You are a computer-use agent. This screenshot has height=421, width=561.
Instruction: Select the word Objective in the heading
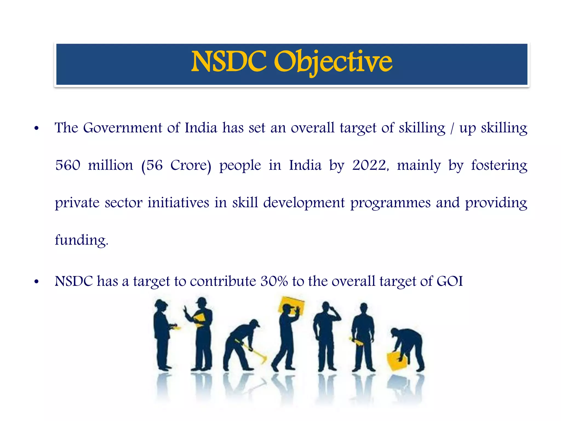[x=333, y=62]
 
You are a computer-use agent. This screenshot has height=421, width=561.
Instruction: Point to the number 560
[x=68, y=165]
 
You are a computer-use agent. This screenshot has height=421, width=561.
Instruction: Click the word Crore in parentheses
[x=188, y=165]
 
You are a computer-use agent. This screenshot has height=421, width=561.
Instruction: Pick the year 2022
[x=369, y=165]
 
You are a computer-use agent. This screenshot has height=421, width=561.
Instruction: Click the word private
[x=77, y=203]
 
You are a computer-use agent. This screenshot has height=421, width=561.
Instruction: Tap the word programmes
[x=391, y=203]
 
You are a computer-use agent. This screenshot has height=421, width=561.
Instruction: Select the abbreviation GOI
[x=450, y=281]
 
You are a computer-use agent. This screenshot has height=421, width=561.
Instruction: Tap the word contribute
[x=223, y=281]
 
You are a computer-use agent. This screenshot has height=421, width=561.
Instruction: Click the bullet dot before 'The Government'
[x=37, y=128]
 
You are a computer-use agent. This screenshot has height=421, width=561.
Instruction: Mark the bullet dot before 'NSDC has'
[x=37, y=282]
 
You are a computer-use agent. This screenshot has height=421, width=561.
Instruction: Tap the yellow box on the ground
[x=396, y=361]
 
